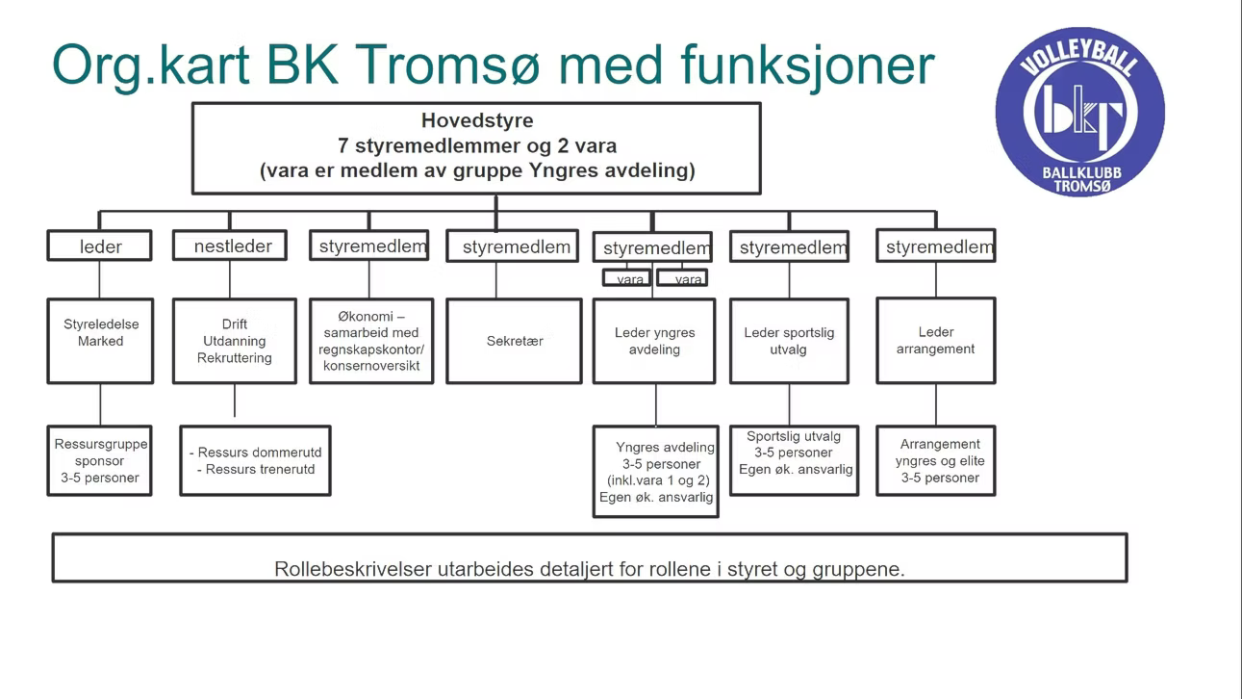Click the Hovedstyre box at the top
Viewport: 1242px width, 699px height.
point(476,147)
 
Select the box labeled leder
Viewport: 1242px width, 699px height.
point(100,246)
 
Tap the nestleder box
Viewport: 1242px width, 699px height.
point(231,246)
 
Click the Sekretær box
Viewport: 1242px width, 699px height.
point(515,341)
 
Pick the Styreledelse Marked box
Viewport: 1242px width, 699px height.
point(101,341)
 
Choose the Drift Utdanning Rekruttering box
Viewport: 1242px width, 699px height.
point(235,341)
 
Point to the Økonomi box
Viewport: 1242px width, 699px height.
point(371,341)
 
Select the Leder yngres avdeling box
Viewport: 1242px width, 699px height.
point(654,341)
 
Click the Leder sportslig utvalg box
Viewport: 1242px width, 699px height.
point(789,341)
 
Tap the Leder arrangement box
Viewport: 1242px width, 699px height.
point(935,341)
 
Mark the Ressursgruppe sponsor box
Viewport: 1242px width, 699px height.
point(100,461)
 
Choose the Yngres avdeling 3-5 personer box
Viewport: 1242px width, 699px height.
point(656,472)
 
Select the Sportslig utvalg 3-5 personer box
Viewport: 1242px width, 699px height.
point(794,460)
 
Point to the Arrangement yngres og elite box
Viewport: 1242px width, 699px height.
point(936,461)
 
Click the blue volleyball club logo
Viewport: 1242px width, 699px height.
point(1079,112)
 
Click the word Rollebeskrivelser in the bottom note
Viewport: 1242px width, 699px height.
point(352,569)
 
